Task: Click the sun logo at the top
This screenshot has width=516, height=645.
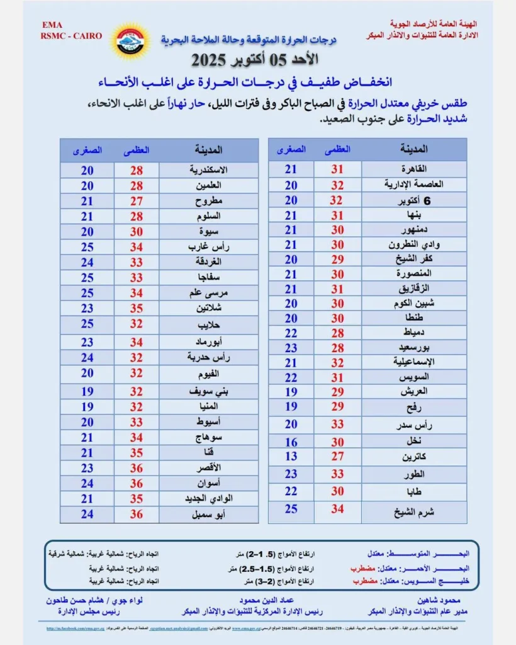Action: point(128,40)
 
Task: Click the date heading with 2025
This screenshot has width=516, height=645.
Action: point(254,61)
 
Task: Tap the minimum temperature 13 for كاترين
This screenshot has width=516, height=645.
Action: point(291,456)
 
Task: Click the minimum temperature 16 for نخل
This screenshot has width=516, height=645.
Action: point(291,442)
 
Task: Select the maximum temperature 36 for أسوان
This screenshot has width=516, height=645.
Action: point(137,484)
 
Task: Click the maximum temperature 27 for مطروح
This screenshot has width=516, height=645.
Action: point(137,201)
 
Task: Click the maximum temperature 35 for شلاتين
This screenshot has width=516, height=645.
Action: point(137,309)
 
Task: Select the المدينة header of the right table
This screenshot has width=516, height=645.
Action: point(414,149)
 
